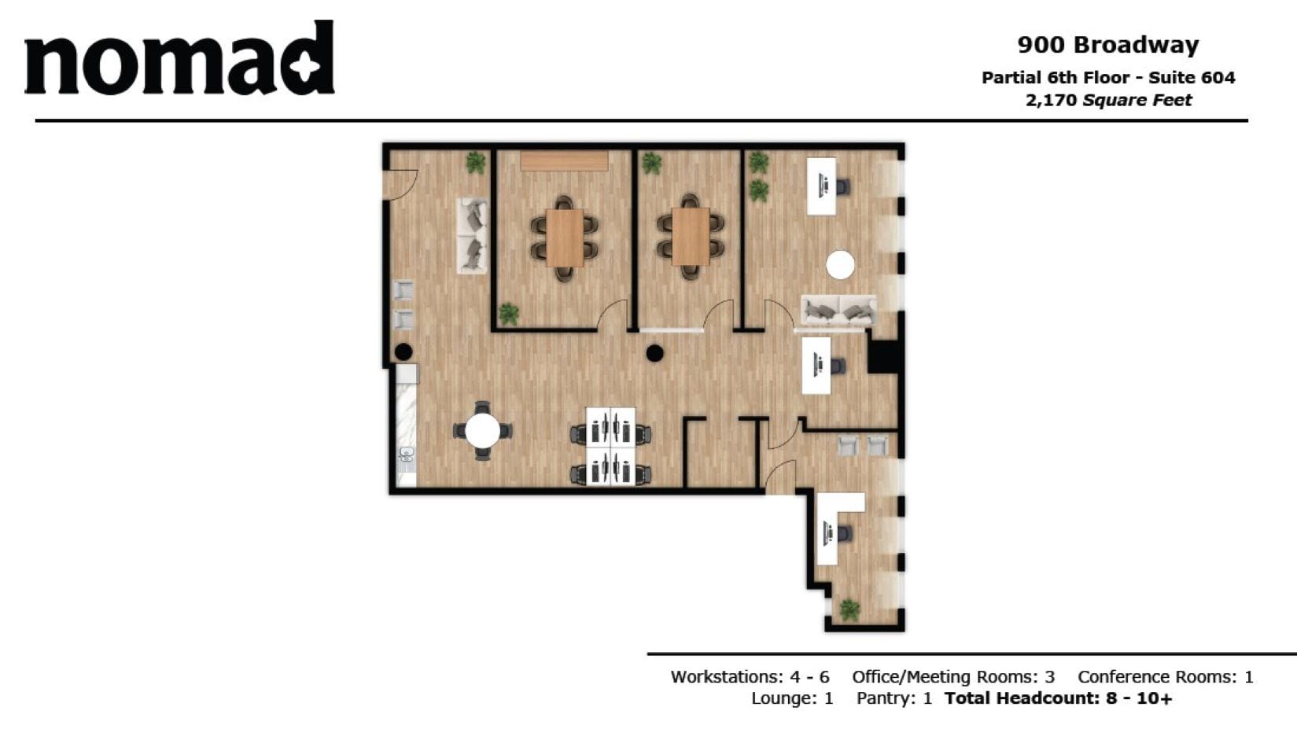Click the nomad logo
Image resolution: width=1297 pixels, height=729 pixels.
tap(179, 60)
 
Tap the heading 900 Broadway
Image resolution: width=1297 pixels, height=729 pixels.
tap(1107, 45)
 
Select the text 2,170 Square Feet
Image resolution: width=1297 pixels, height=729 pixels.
tap(1107, 101)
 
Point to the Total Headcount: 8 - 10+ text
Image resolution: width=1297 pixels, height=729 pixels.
tap(1058, 698)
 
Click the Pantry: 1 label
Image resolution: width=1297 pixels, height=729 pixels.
tap(894, 698)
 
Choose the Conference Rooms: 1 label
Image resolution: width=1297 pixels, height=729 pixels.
tap(1165, 677)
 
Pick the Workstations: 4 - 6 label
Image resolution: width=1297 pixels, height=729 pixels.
tap(750, 677)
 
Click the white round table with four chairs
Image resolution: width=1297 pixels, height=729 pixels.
tap(482, 431)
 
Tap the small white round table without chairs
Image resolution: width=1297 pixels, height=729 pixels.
tap(840, 265)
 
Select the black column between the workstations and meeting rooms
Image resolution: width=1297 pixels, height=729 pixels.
tap(654, 354)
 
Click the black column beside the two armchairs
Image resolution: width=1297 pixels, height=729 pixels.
tap(403, 352)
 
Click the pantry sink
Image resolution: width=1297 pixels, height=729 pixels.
tap(407, 455)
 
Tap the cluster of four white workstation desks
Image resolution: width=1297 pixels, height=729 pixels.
tap(610, 446)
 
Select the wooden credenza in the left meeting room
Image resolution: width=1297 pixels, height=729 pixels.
tap(564, 161)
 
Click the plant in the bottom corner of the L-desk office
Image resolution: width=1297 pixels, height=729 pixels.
tap(849, 609)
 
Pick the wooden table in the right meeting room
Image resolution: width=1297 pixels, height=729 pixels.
tap(691, 236)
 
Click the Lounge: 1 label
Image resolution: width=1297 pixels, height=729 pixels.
tap(791, 698)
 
